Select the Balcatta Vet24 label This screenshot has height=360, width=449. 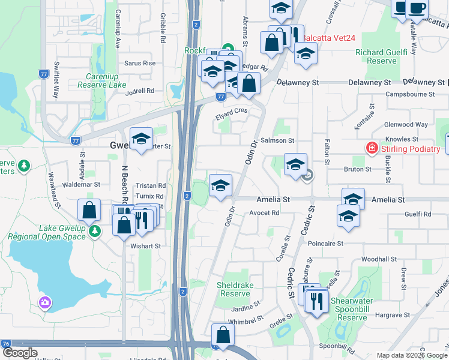click(329, 38)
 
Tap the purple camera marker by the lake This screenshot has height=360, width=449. click(45, 303)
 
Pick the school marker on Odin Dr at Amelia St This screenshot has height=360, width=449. click(220, 185)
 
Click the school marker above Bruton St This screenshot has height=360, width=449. click(295, 164)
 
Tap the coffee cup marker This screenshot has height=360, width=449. click(416, 8)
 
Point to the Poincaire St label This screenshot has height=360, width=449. click(325, 244)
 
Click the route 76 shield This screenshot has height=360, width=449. click(5, 343)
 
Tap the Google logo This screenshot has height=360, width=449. click(20, 353)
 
